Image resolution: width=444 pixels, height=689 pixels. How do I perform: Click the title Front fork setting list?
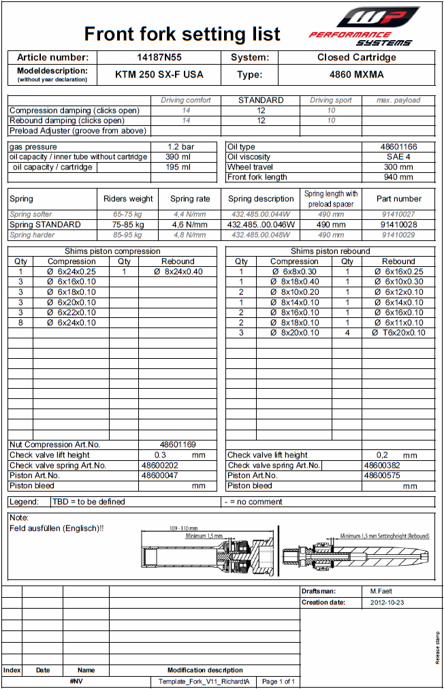tap(182, 33)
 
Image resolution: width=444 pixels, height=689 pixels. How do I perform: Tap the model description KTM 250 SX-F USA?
tap(159, 75)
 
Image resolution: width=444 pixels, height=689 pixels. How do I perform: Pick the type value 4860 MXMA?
tap(356, 75)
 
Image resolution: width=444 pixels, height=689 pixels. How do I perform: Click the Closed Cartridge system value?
tap(356, 58)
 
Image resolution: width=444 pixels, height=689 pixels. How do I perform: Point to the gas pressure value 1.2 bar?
tap(181, 147)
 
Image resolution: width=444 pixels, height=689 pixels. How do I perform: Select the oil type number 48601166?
tap(398, 147)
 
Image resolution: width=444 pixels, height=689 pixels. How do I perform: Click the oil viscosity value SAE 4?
tap(398, 157)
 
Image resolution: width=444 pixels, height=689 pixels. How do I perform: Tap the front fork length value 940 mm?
tap(398, 178)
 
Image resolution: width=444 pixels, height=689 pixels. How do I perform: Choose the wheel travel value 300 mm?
tap(398, 167)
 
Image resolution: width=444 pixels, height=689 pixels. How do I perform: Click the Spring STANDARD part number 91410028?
tap(398, 225)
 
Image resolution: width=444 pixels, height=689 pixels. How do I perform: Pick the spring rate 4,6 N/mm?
tap(190, 225)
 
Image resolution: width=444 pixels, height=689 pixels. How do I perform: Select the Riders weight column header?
tap(128, 199)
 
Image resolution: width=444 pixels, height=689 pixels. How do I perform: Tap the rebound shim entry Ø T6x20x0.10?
tap(398, 333)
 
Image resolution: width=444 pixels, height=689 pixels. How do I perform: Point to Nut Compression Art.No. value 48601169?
tap(178, 445)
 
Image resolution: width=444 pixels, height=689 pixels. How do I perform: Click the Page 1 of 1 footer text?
tap(279, 681)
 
